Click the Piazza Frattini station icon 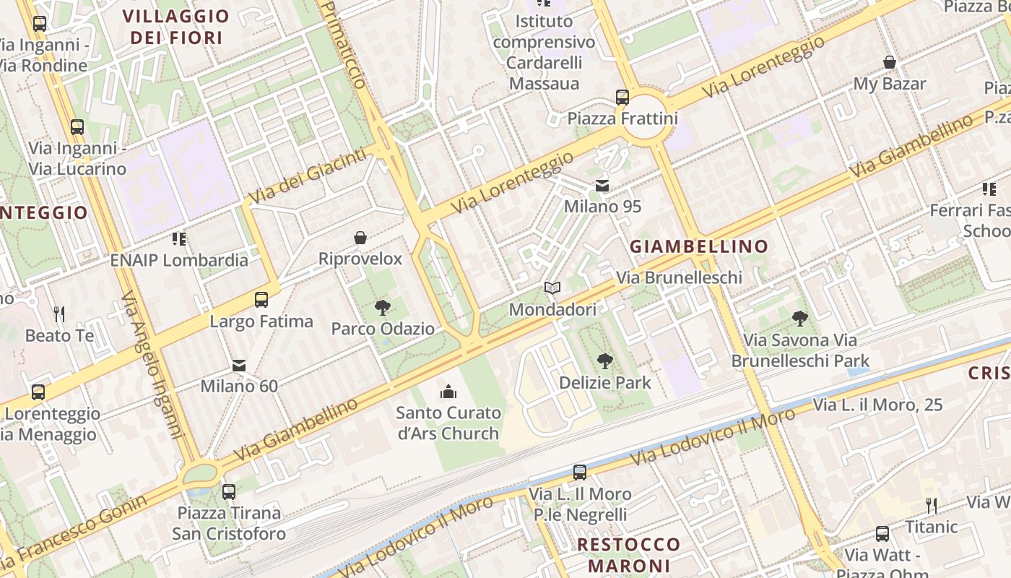622,97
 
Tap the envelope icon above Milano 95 602,186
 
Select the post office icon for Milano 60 239,366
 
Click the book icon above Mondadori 552,288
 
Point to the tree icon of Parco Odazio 383,308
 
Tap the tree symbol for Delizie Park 605,361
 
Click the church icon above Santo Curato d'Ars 448,392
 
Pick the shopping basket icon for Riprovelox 360,238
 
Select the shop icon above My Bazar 890,63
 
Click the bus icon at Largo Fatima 261,299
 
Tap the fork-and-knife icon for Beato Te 59,314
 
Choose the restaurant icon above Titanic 932,506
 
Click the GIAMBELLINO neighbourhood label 699,246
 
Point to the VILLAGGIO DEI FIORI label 176,27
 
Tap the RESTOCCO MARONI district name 629,554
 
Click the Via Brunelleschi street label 679,277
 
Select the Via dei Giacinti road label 307,174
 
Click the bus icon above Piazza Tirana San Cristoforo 229,492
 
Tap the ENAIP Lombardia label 179,260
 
